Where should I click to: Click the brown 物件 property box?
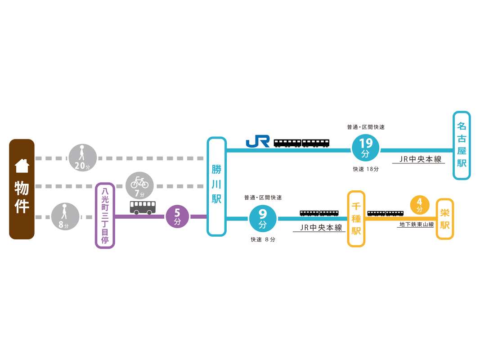pyautogui.click(x=22, y=189)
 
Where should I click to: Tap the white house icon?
pyautogui.click(x=22, y=166)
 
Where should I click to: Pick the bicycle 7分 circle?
pyautogui.click(x=139, y=185)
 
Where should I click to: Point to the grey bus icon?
pyautogui.click(x=143, y=207)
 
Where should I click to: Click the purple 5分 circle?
pyautogui.click(x=177, y=217)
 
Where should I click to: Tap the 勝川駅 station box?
pyautogui.click(x=216, y=187)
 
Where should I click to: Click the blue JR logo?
pyautogui.click(x=258, y=142)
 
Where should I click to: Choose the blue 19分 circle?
pyautogui.click(x=365, y=148)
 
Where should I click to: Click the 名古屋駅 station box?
pyautogui.click(x=462, y=145)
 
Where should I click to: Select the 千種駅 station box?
pyautogui.click(x=356, y=219)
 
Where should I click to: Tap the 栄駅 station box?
pyautogui.click(x=445, y=219)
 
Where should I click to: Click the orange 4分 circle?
pyautogui.click(x=419, y=206)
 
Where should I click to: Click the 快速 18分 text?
pyautogui.click(x=365, y=169)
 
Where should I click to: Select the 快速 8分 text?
pyautogui.click(x=263, y=240)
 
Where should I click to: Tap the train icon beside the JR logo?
pyautogui.click(x=301, y=143)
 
